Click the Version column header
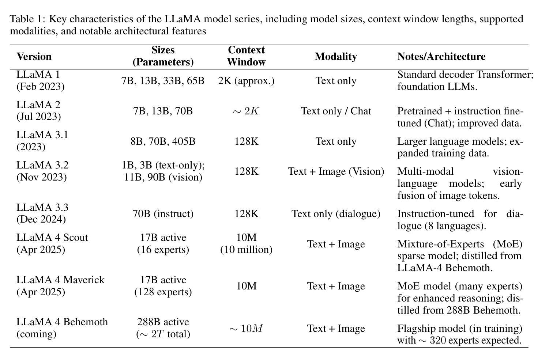34,57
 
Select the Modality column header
336,57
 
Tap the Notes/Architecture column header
441,57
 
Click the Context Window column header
246,56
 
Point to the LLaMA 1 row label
40,80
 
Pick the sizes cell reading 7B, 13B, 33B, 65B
163,81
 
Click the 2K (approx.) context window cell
246,81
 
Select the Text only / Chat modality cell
336,111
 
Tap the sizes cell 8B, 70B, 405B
163,141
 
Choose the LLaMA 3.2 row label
42,171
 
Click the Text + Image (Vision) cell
336,171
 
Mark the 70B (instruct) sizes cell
163,214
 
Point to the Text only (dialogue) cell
336,214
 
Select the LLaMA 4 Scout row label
52,243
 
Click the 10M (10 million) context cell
246,243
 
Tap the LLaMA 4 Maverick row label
60,286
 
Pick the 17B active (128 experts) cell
163,286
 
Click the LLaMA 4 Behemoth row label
62,328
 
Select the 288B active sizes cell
163,328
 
